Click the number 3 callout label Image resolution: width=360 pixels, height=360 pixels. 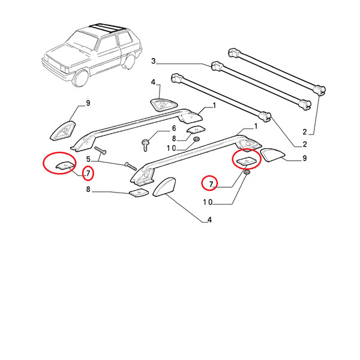pyautogui.click(x=154, y=61)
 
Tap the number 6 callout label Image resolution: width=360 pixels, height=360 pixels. pyautogui.click(x=174, y=128)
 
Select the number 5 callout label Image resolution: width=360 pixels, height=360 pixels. pyautogui.click(x=88, y=159)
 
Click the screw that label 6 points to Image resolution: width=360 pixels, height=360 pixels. pyautogui.click(x=145, y=145)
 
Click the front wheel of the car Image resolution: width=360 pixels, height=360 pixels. pyautogui.click(x=80, y=77)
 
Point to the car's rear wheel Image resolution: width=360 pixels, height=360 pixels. pyautogui.click(x=129, y=62)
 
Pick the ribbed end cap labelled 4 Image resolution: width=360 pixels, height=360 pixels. pyautogui.click(x=164, y=105)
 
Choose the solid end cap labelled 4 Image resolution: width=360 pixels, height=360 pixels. pyautogui.click(x=164, y=186)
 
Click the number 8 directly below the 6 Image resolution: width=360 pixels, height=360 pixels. pyautogui.click(x=174, y=139)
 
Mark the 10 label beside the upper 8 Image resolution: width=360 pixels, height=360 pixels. pyautogui.click(x=171, y=148)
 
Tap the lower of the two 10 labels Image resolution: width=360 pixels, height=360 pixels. pyautogui.click(x=208, y=202)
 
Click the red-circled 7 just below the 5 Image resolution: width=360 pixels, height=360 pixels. pyautogui.click(x=88, y=173)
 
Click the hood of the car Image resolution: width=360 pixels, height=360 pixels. pyautogui.click(x=65, y=51)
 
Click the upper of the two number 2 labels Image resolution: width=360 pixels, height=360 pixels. pyautogui.click(x=305, y=132)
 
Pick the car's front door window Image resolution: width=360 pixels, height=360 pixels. pyautogui.click(x=107, y=44)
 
